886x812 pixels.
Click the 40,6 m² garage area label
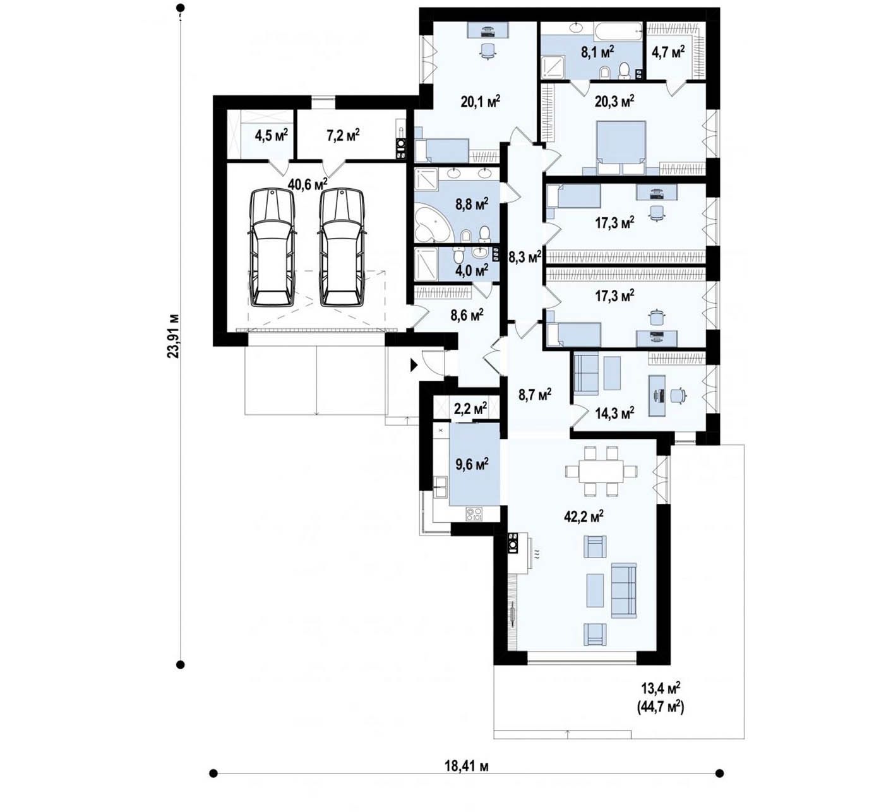coord(308,183)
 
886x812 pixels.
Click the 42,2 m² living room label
coord(584,516)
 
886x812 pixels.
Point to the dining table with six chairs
coord(602,471)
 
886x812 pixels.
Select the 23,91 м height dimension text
coord(174,336)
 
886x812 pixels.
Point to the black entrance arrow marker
coord(414,365)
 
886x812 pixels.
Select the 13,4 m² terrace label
coord(661,688)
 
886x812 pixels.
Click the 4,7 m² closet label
coord(668,53)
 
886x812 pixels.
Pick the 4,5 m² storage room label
coord(271,134)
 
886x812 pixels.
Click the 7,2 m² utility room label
coord(343,134)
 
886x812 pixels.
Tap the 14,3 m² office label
coord(614,413)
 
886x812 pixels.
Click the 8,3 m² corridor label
coord(525,257)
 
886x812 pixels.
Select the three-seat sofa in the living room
coord(624,590)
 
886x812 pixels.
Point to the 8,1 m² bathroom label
coord(597,53)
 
